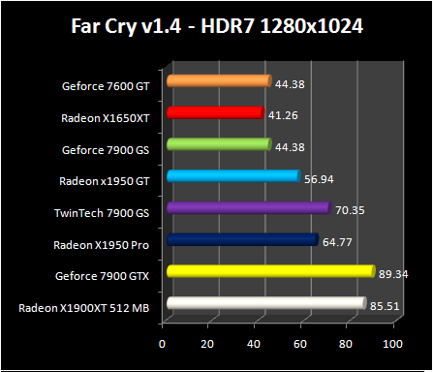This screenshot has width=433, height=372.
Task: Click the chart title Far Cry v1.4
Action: pyautogui.click(x=216, y=25)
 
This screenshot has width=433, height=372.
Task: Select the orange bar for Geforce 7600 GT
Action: pyautogui.click(x=218, y=81)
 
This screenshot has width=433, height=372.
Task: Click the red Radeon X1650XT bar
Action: pyautogui.click(x=214, y=113)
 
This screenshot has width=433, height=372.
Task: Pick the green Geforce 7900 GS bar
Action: pyautogui.click(x=218, y=144)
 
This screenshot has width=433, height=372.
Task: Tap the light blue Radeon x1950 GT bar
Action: pyautogui.click(x=232, y=176)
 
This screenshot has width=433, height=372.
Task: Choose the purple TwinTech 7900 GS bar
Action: pyautogui.click(x=248, y=207)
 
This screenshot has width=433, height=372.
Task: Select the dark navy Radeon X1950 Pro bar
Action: pyautogui.click(x=242, y=239)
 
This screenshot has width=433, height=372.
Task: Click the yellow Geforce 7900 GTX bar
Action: pyautogui.click(x=270, y=271)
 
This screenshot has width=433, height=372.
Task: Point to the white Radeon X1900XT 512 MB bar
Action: pyautogui.click(x=265, y=304)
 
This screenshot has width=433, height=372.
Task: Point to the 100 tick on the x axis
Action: pyautogui.click(x=392, y=344)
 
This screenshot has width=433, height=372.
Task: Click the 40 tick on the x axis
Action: pyautogui.click(x=254, y=344)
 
